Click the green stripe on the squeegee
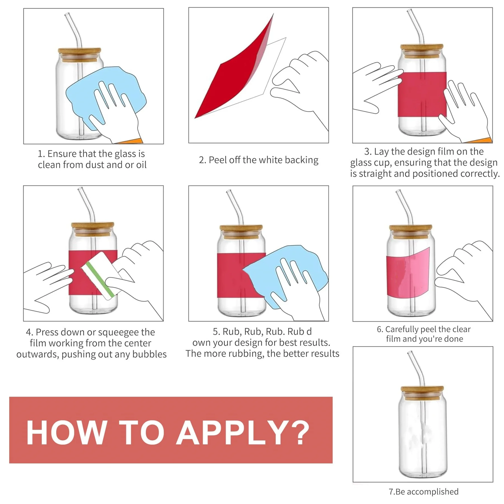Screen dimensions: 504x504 point(100,279)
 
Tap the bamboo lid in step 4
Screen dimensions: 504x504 point(93,229)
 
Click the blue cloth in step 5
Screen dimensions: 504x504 point(286,277)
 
